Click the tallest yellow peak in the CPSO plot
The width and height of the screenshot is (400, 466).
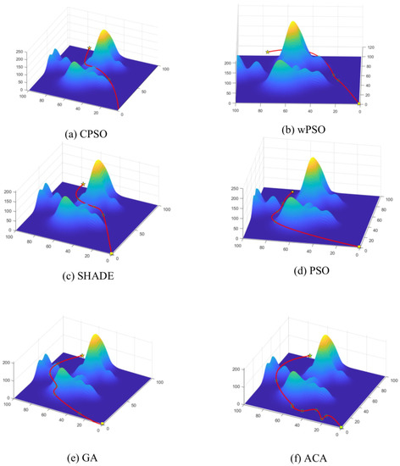tap(107, 35)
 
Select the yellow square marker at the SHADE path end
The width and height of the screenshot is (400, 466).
tap(112, 252)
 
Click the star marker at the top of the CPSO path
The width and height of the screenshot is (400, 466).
tap(90, 48)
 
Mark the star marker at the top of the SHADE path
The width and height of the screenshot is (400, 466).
tap(83, 184)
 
